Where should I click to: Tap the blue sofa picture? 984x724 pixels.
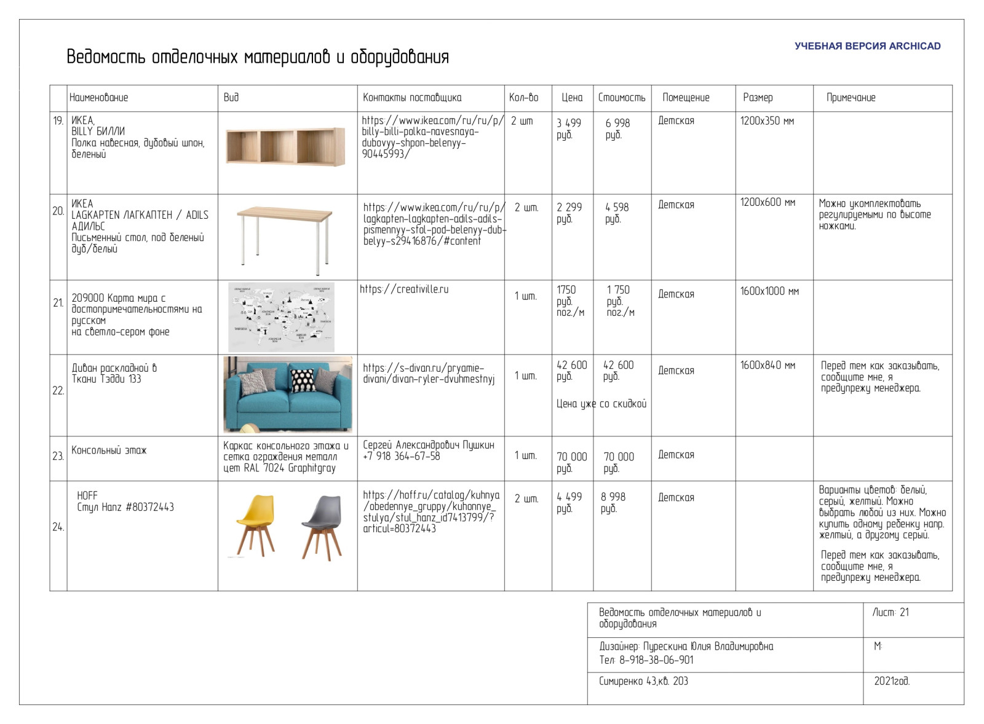288,394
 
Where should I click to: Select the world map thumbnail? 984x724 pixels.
282,317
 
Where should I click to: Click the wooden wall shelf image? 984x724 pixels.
285,148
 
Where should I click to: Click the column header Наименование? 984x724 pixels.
99,98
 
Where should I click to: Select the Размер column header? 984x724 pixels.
758,98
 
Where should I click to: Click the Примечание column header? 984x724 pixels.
851,98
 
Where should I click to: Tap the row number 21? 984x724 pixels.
58,303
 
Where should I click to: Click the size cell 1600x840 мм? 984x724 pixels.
768,366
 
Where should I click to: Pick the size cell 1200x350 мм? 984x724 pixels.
767,122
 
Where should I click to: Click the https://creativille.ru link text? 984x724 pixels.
404,289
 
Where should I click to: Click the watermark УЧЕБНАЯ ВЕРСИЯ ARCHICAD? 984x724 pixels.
867,46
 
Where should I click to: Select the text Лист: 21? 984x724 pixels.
891,613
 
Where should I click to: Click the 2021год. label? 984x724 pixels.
892,682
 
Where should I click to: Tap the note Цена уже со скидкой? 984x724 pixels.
601,404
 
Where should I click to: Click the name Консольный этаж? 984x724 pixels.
109,451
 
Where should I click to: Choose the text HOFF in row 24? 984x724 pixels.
87,496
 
